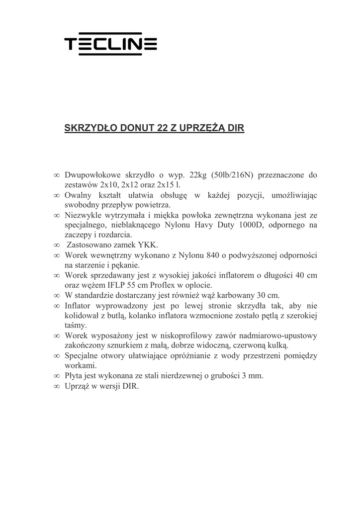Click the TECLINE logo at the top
point(111,45)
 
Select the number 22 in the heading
point(162,128)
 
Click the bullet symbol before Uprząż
point(57,386)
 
